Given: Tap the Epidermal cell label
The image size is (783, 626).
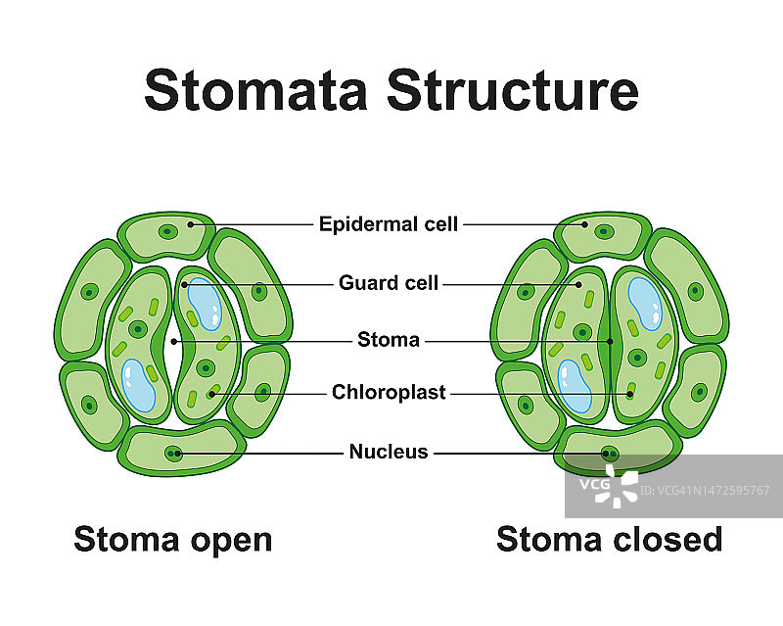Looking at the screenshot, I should click(389, 224).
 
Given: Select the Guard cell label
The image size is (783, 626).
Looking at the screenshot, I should click(389, 283).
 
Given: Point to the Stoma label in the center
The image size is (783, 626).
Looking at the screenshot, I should click(389, 341).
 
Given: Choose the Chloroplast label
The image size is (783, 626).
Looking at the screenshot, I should click(389, 393).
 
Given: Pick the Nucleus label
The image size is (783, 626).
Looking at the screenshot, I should click(389, 452).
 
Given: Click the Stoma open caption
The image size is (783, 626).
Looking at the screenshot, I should click(173, 539).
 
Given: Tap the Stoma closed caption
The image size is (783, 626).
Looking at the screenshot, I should click(609, 539).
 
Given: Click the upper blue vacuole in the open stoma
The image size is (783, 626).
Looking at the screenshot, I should click(205, 303).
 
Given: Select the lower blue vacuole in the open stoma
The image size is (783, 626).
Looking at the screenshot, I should click(139, 384).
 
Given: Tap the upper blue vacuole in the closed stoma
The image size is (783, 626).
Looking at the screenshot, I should click(644, 303).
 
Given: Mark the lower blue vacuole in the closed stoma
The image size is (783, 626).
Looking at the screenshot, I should click(575, 385).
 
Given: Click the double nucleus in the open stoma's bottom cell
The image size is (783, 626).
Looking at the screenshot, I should click(174, 453).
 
